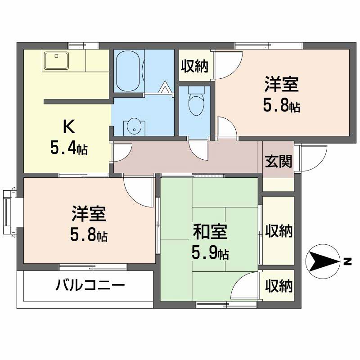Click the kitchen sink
tap(56, 60)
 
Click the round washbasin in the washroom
tap(134, 126)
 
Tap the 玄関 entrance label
tap(278, 161)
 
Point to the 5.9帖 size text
tap(210, 253)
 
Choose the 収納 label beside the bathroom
tap(195, 67)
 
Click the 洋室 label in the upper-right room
tap(281, 85)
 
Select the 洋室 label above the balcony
tap(89, 215)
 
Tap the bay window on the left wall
tap(9, 213)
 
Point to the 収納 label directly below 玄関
tap(279, 231)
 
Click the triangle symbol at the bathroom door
tap(165, 86)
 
